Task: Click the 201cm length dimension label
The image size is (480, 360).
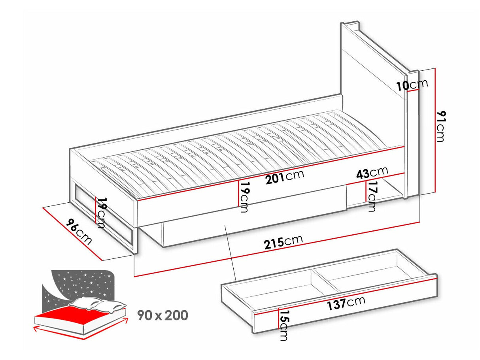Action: (x=285, y=177)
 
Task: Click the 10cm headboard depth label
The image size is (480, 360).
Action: (x=412, y=85)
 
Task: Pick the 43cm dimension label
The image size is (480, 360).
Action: (x=372, y=173)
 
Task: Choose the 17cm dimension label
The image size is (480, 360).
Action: (x=371, y=196)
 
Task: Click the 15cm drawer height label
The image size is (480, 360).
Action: (x=283, y=325)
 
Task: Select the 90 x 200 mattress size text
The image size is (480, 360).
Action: (x=163, y=315)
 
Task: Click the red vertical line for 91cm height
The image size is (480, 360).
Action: (x=435, y=130)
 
